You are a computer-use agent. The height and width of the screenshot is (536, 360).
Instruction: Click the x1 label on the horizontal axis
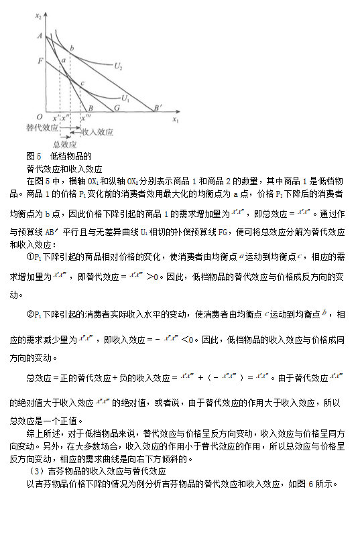tap(176, 120)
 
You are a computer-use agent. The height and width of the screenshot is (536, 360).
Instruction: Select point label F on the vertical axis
tap(40, 61)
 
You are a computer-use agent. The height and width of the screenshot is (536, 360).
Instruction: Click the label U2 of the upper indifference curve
tap(118, 66)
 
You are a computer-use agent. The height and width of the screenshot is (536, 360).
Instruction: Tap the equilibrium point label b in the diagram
tap(72, 47)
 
